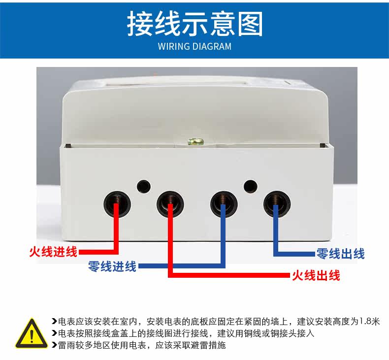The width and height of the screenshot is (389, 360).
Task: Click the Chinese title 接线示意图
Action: (195, 24)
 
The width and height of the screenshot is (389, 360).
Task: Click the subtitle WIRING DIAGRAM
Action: (195, 46)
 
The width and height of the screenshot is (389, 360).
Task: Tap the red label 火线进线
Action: (53, 252)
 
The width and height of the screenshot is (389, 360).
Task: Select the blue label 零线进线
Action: (112, 266)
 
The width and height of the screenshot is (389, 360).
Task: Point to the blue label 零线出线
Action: (340, 254)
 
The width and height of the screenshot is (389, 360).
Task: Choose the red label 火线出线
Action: (316, 275)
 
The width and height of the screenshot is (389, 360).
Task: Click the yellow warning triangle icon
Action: (32, 333)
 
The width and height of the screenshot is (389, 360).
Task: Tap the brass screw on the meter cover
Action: (196, 142)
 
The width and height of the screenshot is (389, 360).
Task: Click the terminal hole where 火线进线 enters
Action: (117, 204)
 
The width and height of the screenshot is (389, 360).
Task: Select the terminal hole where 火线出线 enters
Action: (170, 204)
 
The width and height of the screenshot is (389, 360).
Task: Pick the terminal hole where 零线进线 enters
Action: (224, 204)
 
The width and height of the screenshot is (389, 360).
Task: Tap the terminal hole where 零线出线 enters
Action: (277, 204)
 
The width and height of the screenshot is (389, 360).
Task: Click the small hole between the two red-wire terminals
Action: (144, 187)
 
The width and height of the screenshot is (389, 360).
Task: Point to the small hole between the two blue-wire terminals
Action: (250, 187)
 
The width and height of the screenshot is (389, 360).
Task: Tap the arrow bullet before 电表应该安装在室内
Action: (54, 322)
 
